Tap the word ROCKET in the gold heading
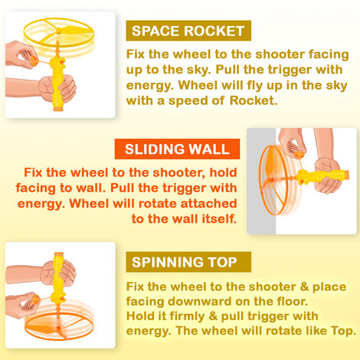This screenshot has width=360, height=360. click(x=216, y=31)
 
